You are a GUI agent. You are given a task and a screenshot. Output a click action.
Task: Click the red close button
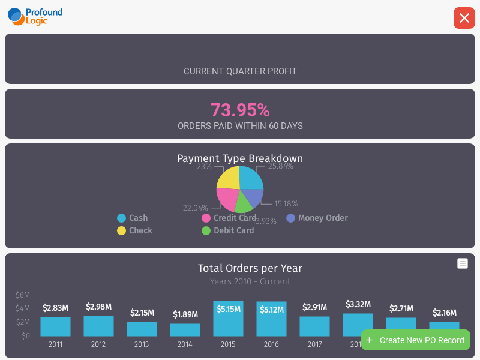pos(464,18)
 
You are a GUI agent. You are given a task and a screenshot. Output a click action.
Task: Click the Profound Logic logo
pos(35,16)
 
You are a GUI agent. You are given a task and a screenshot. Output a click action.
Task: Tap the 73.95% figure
pos(240,110)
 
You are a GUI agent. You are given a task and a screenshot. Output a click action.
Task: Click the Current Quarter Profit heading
pos(240,71)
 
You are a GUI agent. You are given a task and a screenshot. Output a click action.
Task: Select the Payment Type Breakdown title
pos(240,158)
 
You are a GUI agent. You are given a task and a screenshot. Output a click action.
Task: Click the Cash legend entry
pos(133,218)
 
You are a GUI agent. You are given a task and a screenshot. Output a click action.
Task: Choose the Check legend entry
pos(135,230)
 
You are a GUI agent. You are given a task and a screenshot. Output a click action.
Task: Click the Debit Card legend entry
pos(228,230)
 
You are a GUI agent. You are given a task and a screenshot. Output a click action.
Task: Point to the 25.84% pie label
pos(280,166)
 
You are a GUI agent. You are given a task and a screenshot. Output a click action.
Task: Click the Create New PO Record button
pos(415,340)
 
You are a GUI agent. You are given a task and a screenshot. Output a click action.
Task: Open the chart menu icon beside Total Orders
pos(463,263)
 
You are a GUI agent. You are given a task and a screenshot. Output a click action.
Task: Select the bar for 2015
pos(228,319)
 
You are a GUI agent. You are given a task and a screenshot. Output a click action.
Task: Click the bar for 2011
pos(55,326)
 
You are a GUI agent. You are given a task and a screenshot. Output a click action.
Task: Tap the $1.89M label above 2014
pos(185,314)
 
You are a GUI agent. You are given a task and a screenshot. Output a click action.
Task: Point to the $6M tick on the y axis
pos(23,295)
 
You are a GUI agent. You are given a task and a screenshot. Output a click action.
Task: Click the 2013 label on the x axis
pos(142,344)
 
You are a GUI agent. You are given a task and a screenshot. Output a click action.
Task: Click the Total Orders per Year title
pos(250,268)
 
